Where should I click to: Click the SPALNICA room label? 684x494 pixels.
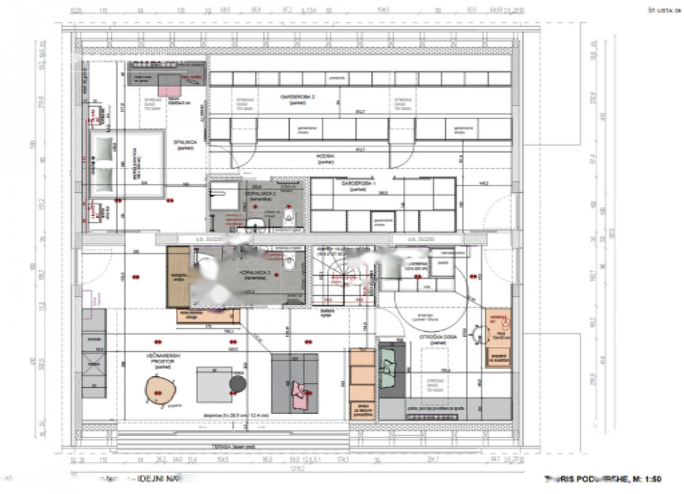tap(183, 142)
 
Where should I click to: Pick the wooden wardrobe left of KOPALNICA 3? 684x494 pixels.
tap(178, 277)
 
